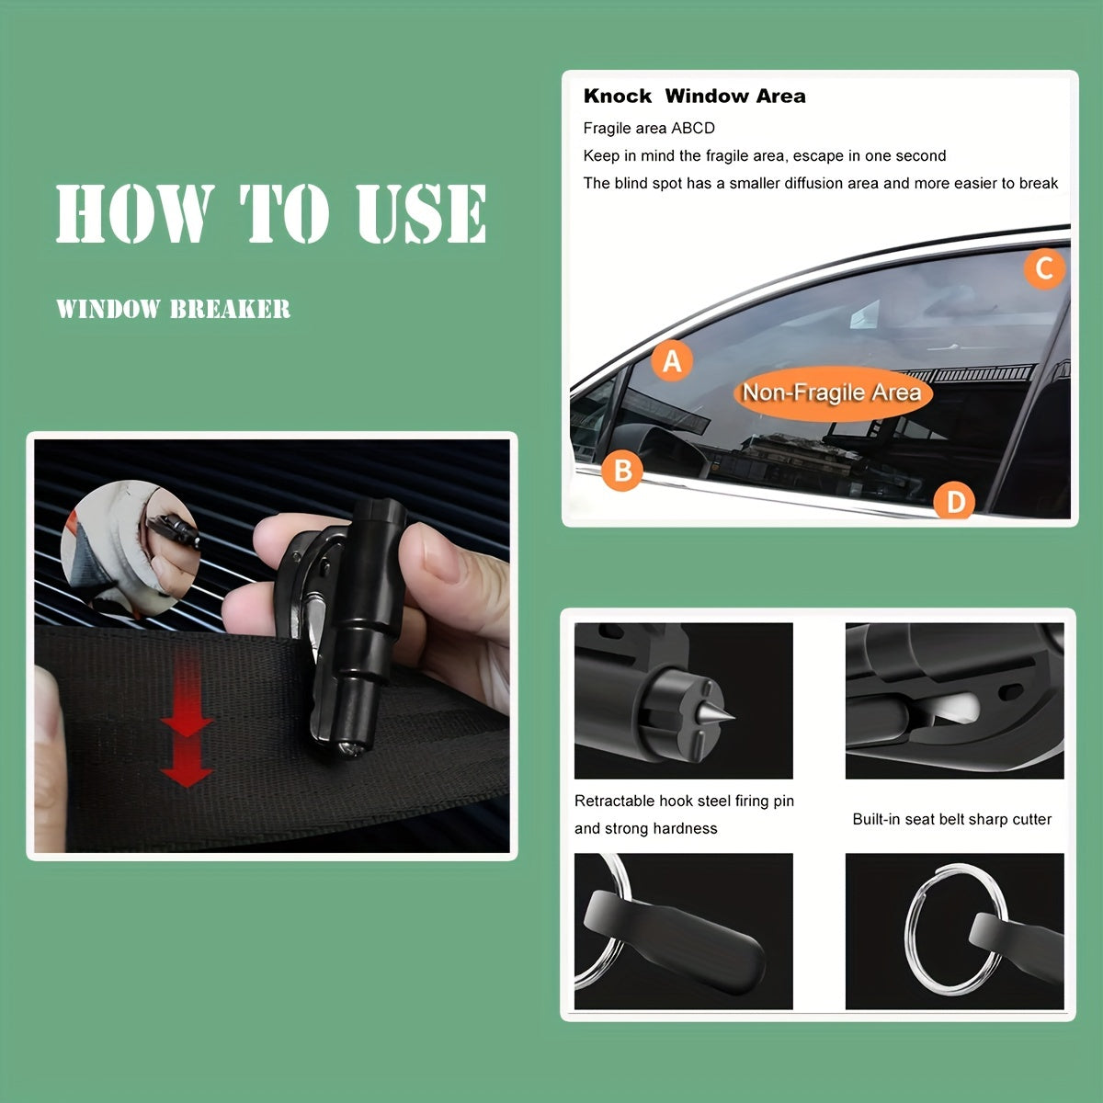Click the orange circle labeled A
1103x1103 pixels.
[x=672, y=361]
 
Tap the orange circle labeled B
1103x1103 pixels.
[x=622, y=471]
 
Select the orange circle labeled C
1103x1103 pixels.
[x=1044, y=268]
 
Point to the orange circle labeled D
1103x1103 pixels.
[x=955, y=502]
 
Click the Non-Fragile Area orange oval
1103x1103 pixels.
[x=832, y=393]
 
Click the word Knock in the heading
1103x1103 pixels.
[x=617, y=97]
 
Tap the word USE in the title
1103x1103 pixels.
[x=422, y=213]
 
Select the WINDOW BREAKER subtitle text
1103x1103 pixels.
[x=173, y=309]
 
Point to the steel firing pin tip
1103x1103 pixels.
[x=726, y=714]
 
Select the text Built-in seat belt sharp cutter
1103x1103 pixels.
[x=951, y=819]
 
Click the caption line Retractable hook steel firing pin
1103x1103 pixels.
[x=684, y=801]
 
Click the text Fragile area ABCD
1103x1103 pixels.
[x=649, y=128]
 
